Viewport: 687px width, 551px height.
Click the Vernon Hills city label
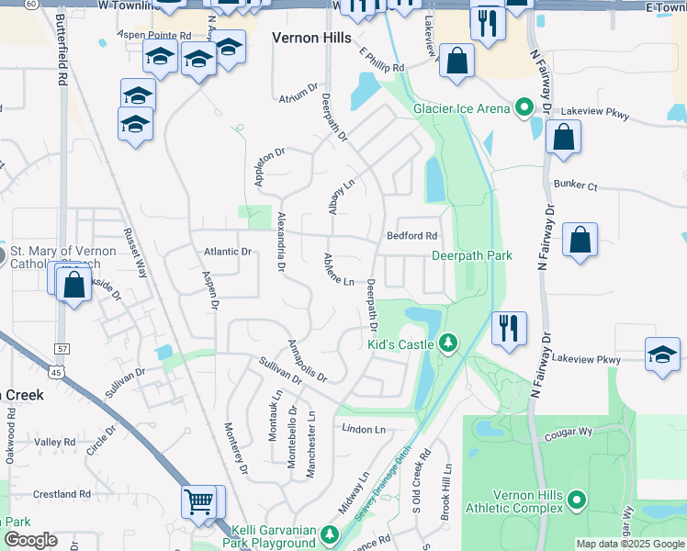(x=311, y=38)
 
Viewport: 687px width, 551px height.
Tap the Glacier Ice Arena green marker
(x=524, y=108)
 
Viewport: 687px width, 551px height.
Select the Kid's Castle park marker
(x=448, y=343)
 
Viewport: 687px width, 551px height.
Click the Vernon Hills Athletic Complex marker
(x=577, y=500)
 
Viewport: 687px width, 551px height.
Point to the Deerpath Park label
(x=471, y=256)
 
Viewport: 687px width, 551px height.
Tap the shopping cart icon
(x=199, y=501)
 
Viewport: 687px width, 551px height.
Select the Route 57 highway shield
(x=62, y=349)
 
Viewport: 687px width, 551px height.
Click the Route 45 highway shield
(x=57, y=372)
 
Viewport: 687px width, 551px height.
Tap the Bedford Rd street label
(x=411, y=236)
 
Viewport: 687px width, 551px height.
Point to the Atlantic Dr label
(x=227, y=252)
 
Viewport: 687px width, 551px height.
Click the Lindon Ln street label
(x=364, y=429)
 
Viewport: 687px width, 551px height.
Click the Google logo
(x=30, y=540)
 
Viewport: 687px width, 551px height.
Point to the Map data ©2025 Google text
(x=629, y=544)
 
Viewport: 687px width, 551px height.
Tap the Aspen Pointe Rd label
(x=153, y=35)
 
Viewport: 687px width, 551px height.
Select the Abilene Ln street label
(x=336, y=270)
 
